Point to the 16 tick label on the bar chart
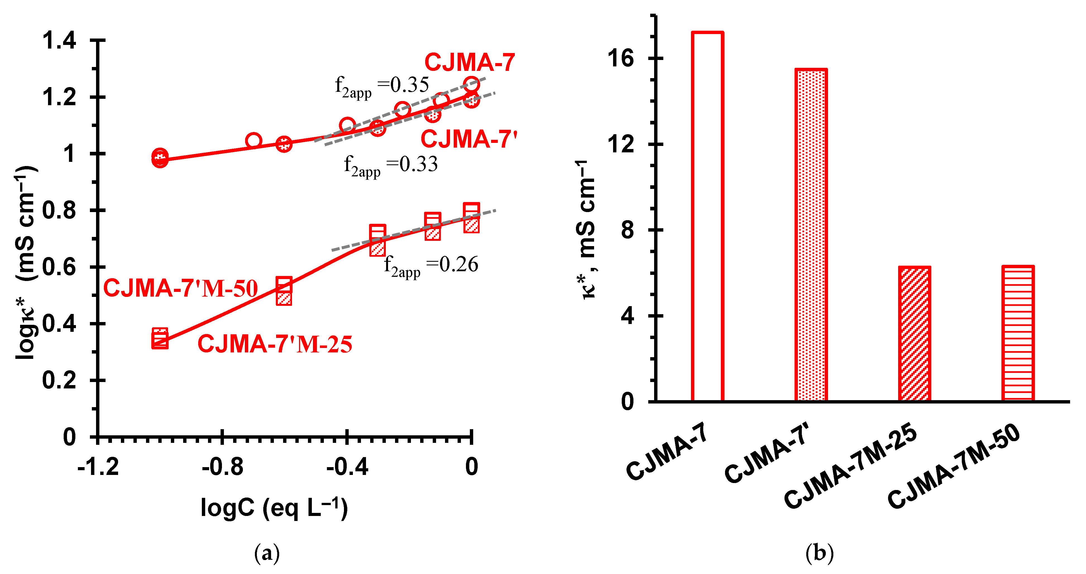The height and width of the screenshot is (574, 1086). [621, 58]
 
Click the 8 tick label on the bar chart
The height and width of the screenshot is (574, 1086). [627, 230]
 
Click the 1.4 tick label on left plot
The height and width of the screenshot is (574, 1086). [59, 41]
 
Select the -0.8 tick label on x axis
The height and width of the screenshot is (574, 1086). [222, 467]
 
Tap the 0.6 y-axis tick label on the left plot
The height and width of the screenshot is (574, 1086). [59, 267]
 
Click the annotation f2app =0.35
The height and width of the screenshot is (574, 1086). [382, 87]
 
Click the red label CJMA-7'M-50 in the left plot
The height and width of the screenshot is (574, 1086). [180, 289]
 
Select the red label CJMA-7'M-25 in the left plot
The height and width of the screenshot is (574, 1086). [274, 344]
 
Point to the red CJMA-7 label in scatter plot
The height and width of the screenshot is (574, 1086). [469, 63]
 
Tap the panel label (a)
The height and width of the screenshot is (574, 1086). [267, 553]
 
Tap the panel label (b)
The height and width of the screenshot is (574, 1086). [819, 553]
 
